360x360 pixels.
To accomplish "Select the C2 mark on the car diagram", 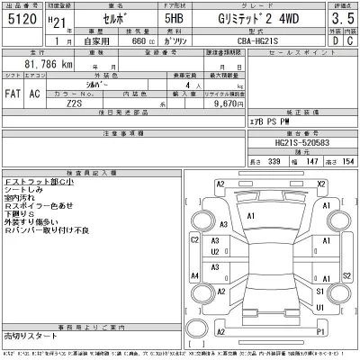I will coord(194,240).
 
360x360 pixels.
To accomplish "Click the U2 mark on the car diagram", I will coord(216,252).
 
